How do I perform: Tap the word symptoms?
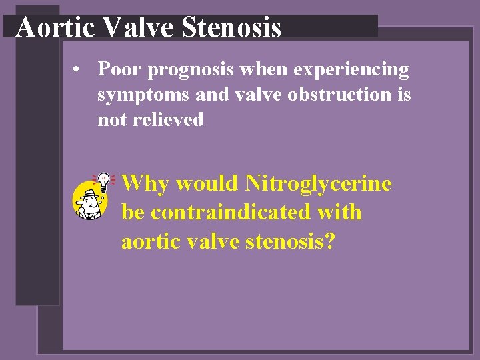pyautogui.click(x=143, y=95)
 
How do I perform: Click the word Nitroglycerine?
pyautogui.click(x=318, y=183)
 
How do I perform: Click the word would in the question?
pyautogui.click(x=209, y=183)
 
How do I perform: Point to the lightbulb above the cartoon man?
pyautogui.click(x=104, y=179)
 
